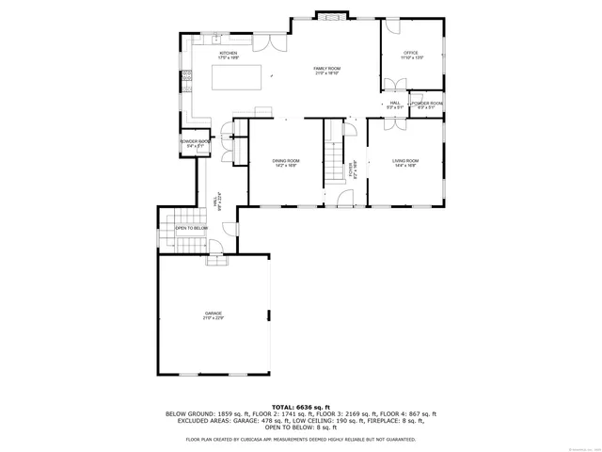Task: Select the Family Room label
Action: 326,69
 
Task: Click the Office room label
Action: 411,55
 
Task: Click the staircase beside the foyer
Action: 333,155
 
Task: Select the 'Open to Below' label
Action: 191,228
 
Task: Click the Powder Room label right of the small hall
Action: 427,105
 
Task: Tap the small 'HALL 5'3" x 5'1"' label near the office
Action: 395,105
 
